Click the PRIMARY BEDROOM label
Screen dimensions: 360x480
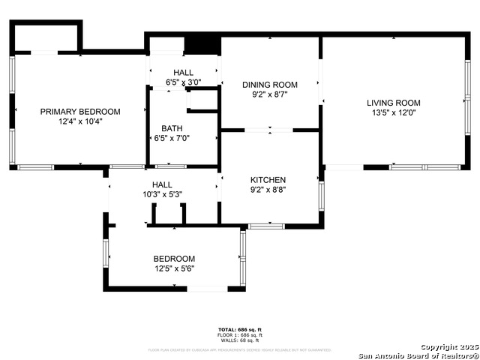point(80,111)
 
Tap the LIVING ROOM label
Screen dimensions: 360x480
point(393,103)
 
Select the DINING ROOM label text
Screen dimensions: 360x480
point(270,85)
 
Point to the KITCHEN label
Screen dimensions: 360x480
point(268,180)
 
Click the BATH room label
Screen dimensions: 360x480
point(172,128)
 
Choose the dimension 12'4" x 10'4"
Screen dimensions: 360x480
point(80,121)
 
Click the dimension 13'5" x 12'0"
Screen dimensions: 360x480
point(393,112)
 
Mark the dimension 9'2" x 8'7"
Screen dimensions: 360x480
point(270,94)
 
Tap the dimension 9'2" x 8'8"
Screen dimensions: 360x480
point(268,190)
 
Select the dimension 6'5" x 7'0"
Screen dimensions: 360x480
point(172,138)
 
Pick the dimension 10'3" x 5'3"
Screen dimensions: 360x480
point(162,194)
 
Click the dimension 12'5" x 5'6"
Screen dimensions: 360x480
point(175,268)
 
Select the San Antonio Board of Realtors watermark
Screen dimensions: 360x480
point(418,355)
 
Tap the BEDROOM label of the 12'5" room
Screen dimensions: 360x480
point(174,258)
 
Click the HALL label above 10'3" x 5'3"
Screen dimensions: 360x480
point(162,184)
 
